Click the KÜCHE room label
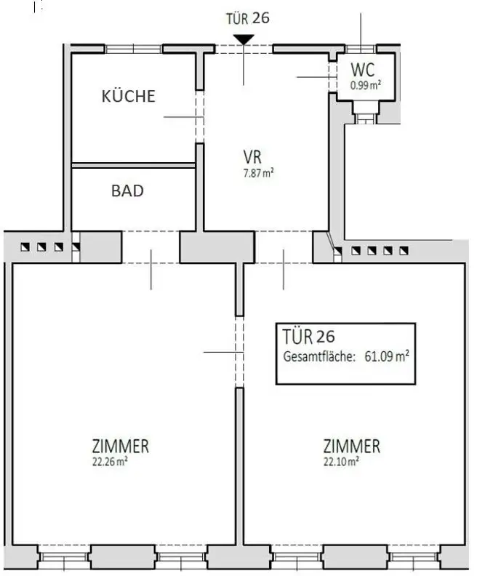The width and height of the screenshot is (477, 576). tap(129, 96)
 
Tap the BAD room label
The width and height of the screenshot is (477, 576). tap(127, 191)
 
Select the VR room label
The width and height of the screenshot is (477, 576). tap(252, 156)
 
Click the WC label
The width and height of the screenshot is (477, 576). tap(363, 71)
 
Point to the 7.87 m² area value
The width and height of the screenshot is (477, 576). tap(258, 172)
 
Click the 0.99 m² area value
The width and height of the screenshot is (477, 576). tap(366, 84)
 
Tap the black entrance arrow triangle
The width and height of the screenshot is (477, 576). tap(243, 39)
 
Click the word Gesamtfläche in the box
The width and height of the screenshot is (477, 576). tap(315, 356)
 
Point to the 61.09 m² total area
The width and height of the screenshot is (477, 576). tap(386, 356)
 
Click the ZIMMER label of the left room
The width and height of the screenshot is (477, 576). tap(121, 446)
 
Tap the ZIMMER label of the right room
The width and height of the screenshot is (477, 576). tap(352, 446)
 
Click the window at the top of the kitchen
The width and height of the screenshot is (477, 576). tap(134, 49)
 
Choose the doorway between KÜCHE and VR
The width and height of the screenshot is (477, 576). tap(200, 116)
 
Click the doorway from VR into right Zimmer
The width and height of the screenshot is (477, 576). tap(283, 248)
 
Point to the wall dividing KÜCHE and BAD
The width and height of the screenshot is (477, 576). tap(133, 166)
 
